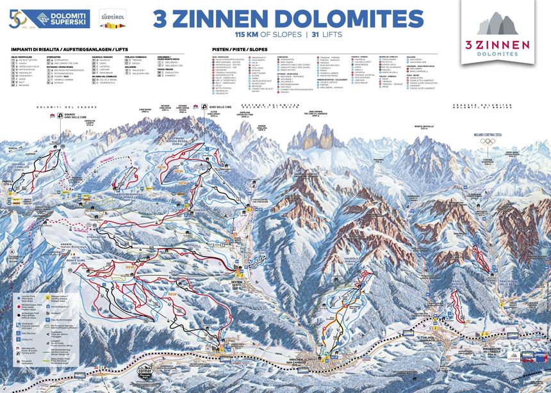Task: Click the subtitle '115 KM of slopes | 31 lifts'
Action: (x=288, y=33)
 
